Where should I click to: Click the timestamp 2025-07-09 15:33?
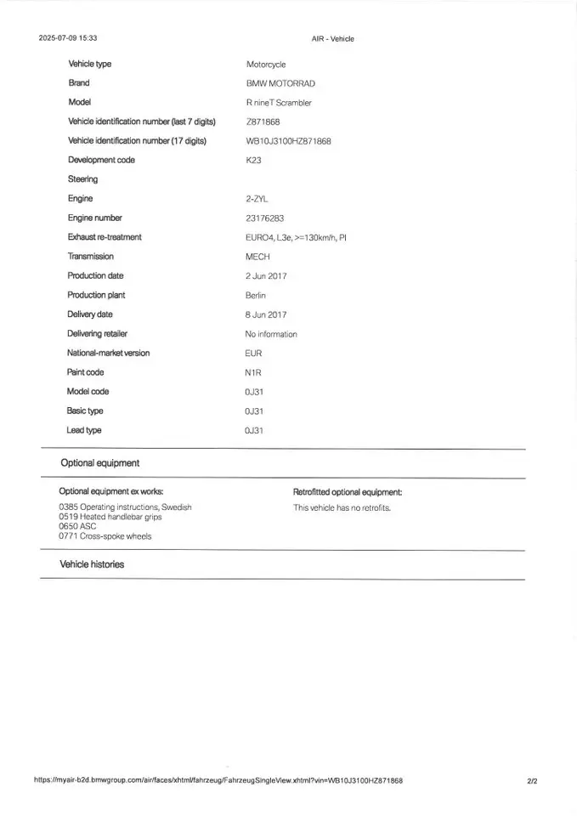click(67, 38)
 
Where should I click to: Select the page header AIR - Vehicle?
click(333, 38)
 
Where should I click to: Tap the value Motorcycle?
click(266, 65)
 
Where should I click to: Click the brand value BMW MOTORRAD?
click(280, 83)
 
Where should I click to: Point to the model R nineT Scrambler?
click(279, 103)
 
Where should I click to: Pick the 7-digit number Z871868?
click(263, 122)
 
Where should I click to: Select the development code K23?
click(254, 161)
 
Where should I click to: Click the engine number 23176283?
click(264, 218)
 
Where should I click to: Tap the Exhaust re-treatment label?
click(105, 237)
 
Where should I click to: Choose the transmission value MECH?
click(257, 257)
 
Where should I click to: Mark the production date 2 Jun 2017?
click(266, 276)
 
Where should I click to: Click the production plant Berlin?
click(256, 296)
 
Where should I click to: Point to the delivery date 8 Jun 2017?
click(266, 314)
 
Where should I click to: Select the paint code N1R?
click(253, 372)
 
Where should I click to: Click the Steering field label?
click(83, 179)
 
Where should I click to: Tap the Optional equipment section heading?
click(99, 463)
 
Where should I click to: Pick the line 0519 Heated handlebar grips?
click(110, 517)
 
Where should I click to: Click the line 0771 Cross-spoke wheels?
click(105, 536)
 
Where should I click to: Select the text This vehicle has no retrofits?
click(342, 508)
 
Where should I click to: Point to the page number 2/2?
click(532, 780)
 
